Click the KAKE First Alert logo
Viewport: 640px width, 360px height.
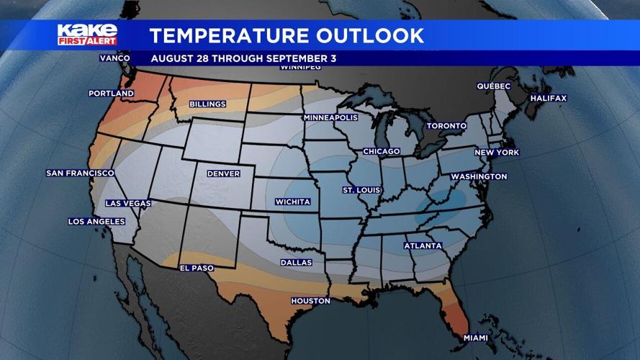pyautogui.click(x=87, y=35)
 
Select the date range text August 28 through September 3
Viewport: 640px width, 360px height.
pyautogui.click(x=243, y=58)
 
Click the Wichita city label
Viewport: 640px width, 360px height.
pyautogui.click(x=293, y=202)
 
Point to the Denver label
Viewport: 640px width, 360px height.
pyautogui.click(x=223, y=174)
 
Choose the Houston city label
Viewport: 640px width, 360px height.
pyautogui.click(x=310, y=301)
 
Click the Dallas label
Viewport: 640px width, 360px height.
pyautogui.click(x=296, y=263)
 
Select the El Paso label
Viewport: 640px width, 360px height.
pyautogui.click(x=197, y=269)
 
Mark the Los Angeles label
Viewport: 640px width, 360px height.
pyautogui.click(x=96, y=222)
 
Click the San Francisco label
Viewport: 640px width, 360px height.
pyautogui.click(x=80, y=174)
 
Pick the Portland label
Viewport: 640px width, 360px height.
pyautogui.click(x=111, y=94)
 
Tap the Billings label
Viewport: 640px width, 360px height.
pyautogui.click(x=207, y=104)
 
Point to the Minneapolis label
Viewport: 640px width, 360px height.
pyautogui.click(x=330, y=117)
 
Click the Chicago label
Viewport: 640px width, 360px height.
pyautogui.click(x=381, y=152)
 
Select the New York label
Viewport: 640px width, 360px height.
pyautogui.click(x=497, y=153)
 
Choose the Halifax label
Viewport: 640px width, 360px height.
pyautogui.click(x=549, y=98)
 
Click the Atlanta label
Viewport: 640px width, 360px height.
pyautogui.click(x=423, y=246)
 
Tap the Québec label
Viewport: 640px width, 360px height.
pyautogui.click(x=494, y=86)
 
